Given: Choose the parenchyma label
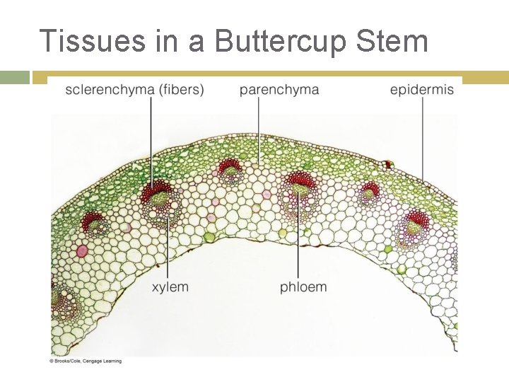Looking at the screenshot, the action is tap(279, 90).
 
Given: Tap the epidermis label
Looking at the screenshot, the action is tap(422, 90).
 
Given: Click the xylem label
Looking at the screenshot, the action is tap(170, 286).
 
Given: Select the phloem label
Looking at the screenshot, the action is tap(303, 286).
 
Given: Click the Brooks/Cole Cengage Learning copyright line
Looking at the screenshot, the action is tap(86, 361).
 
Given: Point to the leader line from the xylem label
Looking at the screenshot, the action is tap(168, 248).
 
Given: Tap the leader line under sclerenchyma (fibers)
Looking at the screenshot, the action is tap(151, 141).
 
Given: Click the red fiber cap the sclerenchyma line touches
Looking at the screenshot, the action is tap(153, 192).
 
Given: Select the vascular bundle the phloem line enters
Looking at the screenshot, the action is tap(299, 191).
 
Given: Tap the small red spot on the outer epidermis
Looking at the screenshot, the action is tap(387, 165).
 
